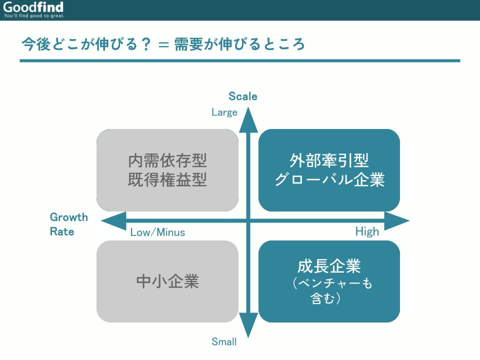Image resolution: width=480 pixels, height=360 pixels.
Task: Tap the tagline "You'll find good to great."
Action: (34, 15)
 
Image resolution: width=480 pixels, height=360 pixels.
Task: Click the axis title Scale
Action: (243, 96)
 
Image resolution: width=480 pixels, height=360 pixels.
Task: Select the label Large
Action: (224, 112)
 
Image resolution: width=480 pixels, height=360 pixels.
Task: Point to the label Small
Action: (224, 341)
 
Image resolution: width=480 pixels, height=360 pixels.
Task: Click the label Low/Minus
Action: (157, 232)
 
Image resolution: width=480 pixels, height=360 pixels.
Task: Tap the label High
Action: (367, 231)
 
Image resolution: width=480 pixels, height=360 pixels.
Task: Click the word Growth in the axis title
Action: (69, 217)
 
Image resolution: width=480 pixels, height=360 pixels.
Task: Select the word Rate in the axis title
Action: (62, 231)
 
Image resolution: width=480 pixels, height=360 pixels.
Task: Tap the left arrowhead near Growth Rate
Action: (113, 220)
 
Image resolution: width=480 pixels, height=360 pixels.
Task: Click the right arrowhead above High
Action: (396, 220)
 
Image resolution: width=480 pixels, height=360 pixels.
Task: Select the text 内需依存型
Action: (167, 160)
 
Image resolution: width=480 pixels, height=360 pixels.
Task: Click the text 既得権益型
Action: (167, 179)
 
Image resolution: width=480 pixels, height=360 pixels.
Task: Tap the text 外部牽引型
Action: (329, 160)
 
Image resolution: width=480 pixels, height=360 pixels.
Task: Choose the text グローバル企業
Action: (329, 179)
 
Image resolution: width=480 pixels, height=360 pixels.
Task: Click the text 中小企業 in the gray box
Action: (167, 281)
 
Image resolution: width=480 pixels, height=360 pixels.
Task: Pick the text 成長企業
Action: (329, 266)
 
